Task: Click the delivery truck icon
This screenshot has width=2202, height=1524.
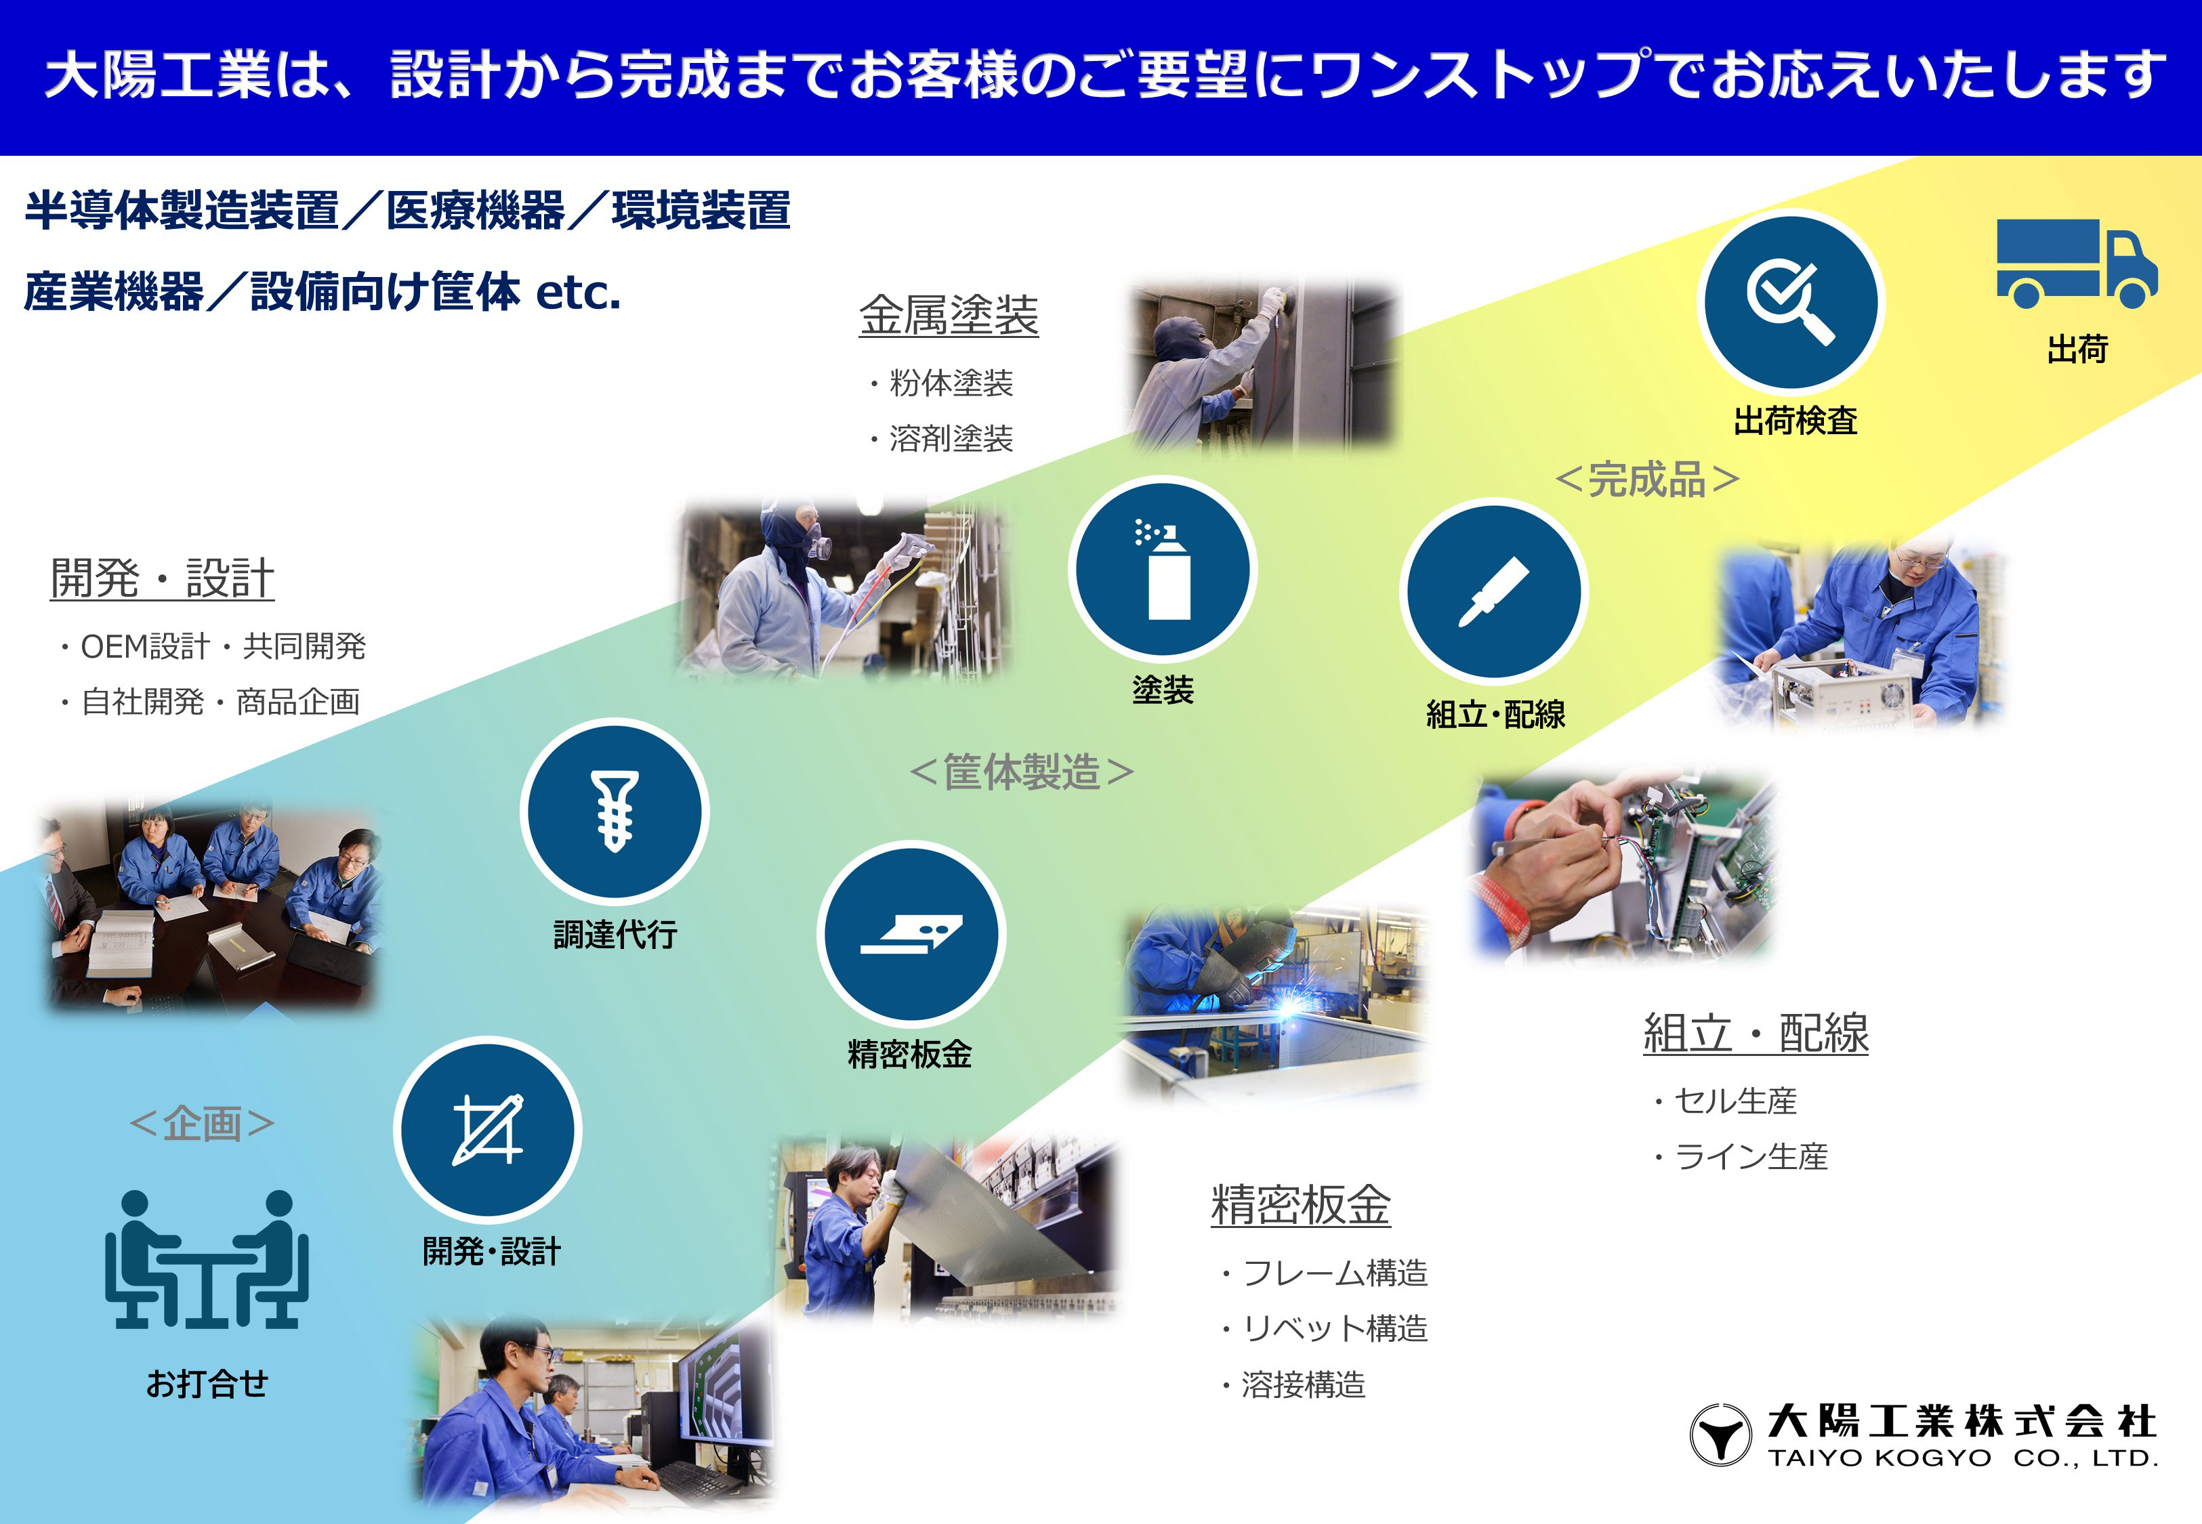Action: (x=2076, y=263)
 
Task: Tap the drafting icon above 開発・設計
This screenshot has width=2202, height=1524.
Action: (x=488, y=1130)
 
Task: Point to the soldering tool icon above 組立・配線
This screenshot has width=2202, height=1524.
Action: (x=1493, y=592)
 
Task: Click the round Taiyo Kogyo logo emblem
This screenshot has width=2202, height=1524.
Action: (x=1721, y=1434)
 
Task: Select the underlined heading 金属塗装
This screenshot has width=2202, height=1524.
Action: (x=949, y=315)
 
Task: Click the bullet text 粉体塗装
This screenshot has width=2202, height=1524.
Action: (x=950, y=383)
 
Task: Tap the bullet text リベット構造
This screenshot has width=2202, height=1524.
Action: (x=1334, y=1328)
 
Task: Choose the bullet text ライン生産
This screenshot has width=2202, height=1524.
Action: (x=1750, y=1156)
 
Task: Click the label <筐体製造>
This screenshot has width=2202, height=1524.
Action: (x=1022, y=771)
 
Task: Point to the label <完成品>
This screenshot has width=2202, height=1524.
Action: (x=1647, y=480)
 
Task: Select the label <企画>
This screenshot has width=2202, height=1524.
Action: (x=203, y=1123)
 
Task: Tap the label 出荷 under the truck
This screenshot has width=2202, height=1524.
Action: (x=2077, y=350)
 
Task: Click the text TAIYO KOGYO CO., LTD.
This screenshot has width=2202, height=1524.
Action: (x=1962, y=1458)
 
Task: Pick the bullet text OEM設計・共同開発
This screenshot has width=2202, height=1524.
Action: (x=222, y=646)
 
